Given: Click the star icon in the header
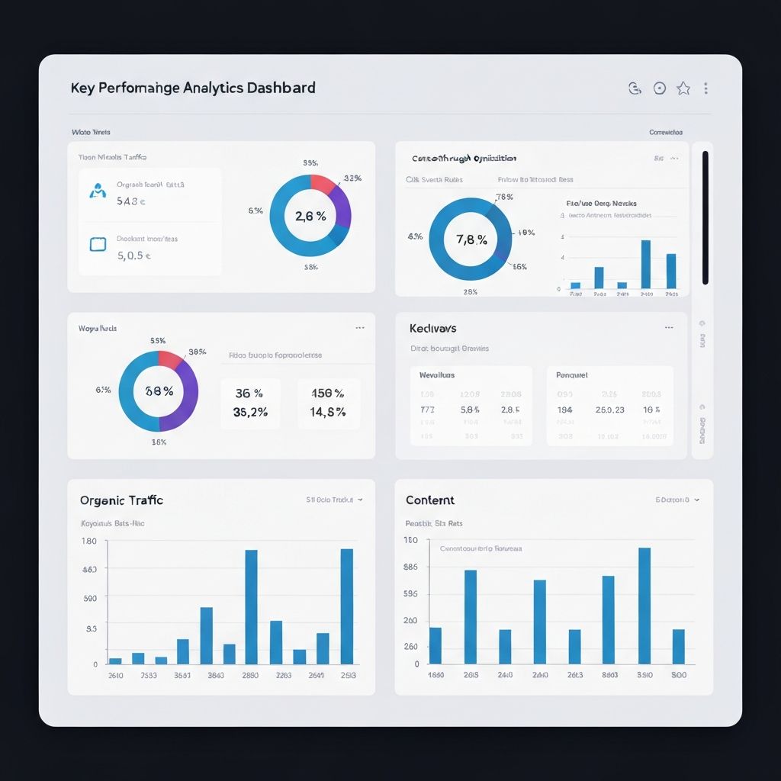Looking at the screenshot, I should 683,88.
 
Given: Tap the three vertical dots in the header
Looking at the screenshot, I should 705,88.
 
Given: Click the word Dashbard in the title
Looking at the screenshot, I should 281,88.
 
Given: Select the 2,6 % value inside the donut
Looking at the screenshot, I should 310,216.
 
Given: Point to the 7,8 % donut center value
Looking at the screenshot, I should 471,239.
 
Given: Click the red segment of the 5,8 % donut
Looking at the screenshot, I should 169,358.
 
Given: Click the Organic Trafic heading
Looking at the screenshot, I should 121,500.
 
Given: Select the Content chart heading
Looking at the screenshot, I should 430,500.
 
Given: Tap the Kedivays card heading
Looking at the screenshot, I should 432,328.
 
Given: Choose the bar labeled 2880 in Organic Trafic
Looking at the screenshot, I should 251,606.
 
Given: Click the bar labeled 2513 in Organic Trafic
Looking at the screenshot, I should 347,606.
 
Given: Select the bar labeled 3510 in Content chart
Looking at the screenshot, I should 644,606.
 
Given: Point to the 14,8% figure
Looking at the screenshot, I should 329,412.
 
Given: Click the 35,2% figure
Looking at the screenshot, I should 249,412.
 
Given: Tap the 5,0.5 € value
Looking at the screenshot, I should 134,256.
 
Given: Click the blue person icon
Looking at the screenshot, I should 98,191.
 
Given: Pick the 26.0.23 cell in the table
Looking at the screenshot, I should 609,410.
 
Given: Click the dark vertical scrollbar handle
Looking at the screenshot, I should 705,217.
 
